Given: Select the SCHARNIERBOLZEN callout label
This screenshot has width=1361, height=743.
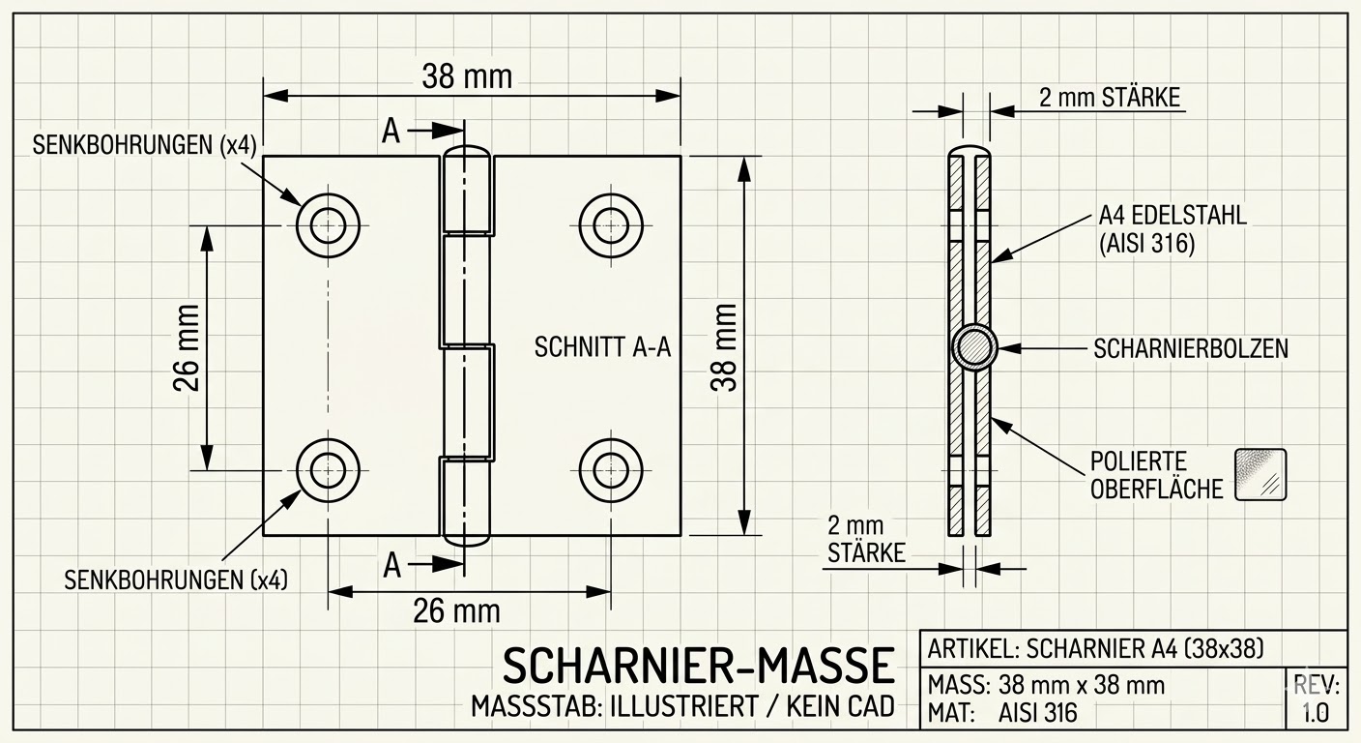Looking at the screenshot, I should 1191,348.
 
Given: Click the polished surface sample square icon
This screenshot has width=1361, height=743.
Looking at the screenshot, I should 1260,474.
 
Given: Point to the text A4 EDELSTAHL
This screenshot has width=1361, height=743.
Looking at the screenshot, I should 1173,216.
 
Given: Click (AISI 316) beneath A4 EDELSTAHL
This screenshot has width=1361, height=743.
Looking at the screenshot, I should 1146,245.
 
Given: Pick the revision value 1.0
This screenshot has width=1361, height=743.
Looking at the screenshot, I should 1315,714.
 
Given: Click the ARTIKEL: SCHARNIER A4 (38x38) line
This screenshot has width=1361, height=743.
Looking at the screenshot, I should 1095,647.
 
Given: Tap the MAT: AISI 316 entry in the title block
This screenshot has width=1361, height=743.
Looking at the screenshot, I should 1001,714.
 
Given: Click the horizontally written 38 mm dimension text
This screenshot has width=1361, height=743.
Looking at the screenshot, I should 467,76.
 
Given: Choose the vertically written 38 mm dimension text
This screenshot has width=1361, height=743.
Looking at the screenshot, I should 724,346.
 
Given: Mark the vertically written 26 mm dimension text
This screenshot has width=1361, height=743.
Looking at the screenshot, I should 187,346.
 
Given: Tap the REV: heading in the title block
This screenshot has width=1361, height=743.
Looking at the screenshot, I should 1317,686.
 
